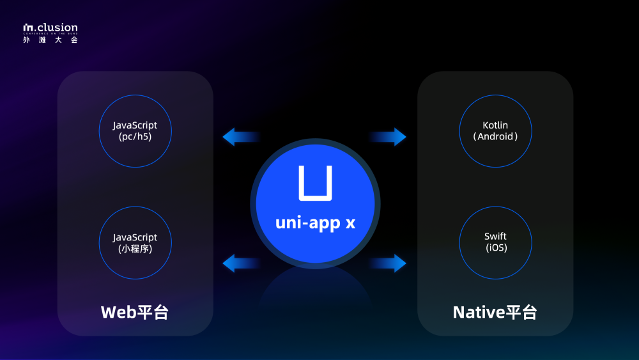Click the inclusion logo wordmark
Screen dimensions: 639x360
(x=50, y=27)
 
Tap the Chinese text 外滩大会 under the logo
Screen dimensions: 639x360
(x=50, y=40)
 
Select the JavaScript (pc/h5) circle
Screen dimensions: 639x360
(x=135, y=131)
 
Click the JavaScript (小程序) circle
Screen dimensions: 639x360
(x=135, y=242)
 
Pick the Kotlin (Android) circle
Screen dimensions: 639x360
(x=495, y=131)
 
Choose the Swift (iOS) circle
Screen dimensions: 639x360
(x=495, y=242)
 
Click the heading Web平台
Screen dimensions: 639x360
(x=135, y=312)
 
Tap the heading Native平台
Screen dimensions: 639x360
(x=495, y=312)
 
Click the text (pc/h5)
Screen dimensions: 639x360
(x=135, y=137)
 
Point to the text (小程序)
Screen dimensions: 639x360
(x=135, y=249)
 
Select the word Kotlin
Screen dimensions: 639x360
(x=495, y=125)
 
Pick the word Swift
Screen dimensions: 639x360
(x=495, y=237)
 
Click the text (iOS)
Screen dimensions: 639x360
(x=495, y=248)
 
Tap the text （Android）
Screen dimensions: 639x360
(x=495, y=137)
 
